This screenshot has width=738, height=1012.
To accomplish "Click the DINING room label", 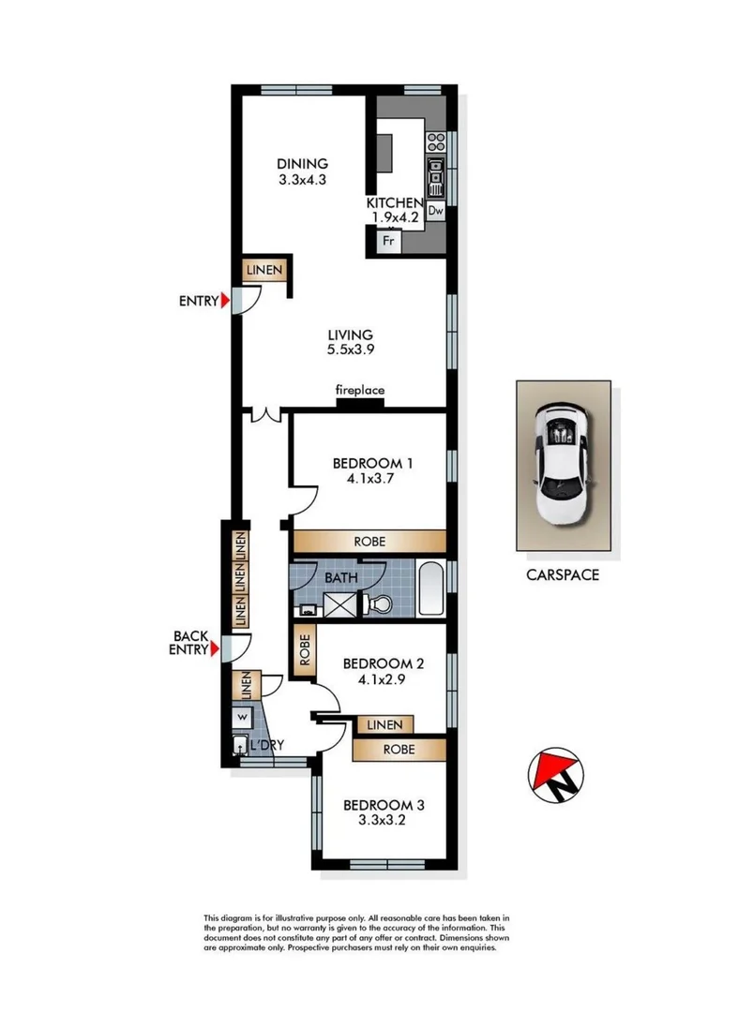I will [302, 171].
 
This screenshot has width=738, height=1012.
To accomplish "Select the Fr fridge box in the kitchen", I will [388, 241].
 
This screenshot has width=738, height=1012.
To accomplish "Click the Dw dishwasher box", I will [435, 211].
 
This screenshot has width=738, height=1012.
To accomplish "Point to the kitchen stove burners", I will [435, 142].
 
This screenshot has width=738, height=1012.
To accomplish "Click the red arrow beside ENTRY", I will [224, 301].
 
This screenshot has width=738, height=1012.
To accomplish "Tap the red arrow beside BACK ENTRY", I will [216, 648].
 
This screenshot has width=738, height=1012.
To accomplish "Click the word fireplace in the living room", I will [360, 390].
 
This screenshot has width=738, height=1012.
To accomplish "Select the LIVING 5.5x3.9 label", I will [350, 342].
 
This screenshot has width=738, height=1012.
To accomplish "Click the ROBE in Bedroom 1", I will [369, 542].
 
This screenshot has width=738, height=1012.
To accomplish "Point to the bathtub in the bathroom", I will [431, 589].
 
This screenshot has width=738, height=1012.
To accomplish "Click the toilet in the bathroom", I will [378, 604].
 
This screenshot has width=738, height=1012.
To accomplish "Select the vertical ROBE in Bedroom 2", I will [305, 648].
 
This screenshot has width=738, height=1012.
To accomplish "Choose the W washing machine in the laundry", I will [242, 717].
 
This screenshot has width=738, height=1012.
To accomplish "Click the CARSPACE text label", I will [562, 574].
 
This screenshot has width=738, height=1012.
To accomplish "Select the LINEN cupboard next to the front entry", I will [264, 270].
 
